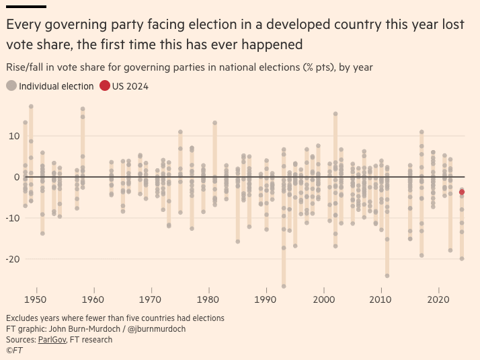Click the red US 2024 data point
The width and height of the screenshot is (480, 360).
click(x=462, y=192)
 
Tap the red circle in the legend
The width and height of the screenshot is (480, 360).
click(x=105, y=85)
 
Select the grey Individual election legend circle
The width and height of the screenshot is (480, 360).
click(x=11, y=85)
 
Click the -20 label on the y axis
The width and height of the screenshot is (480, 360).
click(x=11, y=259)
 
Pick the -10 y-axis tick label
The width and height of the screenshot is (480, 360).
click(x=11, y=218)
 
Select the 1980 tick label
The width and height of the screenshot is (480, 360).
click(x=208, y=299)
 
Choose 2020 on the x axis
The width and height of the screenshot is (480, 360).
click(x=438, y=299)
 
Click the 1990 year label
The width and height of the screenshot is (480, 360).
click(x=266, y=299)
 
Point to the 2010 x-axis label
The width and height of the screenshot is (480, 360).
click(x=381, y=299)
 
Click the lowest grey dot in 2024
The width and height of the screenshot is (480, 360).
click(x=462, y=258)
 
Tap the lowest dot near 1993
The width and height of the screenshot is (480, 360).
click(x=284, y=286)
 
